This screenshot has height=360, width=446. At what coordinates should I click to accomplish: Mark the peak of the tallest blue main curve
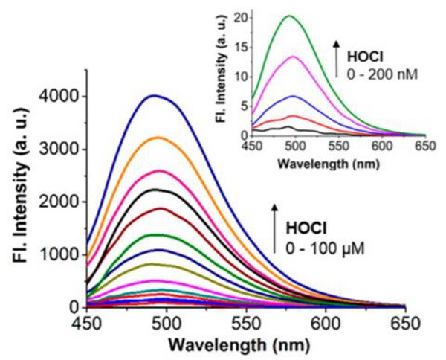click(153, 95)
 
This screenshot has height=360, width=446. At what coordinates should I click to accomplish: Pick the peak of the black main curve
click(157, 190)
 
